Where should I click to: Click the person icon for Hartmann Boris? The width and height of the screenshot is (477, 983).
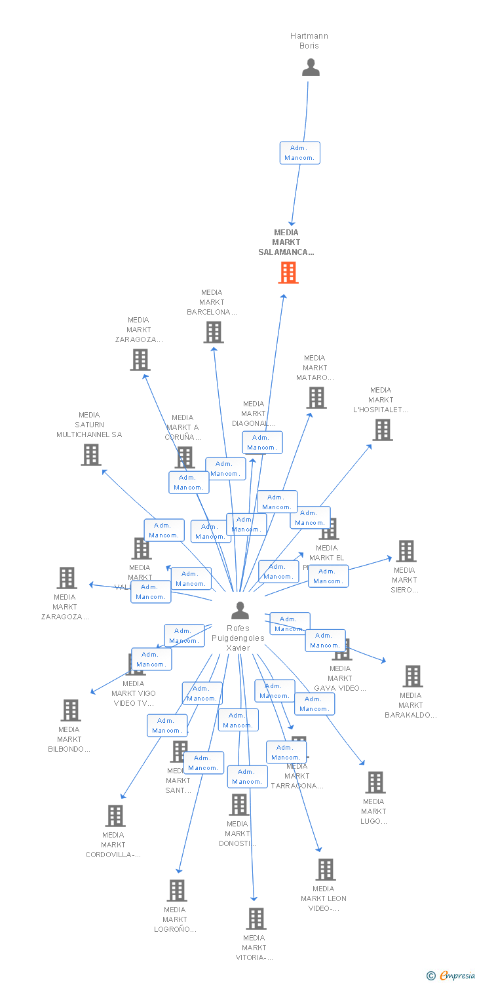pyautogui.click(x=311, y=67)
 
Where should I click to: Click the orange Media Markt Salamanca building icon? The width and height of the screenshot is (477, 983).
pyautogui.click(x=288, y=273)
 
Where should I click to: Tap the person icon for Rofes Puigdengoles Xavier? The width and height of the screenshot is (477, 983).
pyautogui.click(x=240, y=611)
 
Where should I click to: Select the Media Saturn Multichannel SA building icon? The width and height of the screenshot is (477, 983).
pyautogui.click(x=91, y=454)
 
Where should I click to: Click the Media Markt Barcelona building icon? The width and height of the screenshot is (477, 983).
pyautogui.click(x=213, y=332)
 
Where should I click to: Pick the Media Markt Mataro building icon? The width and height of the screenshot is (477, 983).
pyautogui.click(x=316, y=397)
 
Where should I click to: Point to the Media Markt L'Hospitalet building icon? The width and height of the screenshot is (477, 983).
pyautogui.click(x=382, y=430)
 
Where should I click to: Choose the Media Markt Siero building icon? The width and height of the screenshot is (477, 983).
pyautogui.click(x=406, y=551)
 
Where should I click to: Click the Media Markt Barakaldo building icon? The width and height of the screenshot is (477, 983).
pyautogui.click(x=412, y=676)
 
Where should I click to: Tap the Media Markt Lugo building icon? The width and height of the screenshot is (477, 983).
pyautogui.click(x=375, y=782)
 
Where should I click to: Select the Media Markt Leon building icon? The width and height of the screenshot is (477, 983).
pyautogui.click(x=325, y=869)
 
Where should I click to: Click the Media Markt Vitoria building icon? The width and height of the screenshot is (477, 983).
pyautogui.click(x=256, y=919)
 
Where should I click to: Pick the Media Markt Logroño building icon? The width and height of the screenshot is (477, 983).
pyautogui.click(x=177, y=890)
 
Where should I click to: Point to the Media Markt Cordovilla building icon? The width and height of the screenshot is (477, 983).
pyautogui.click(x=115, y=816)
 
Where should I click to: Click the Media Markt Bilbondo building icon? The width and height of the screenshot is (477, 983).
pyautogui.click(x=70, y=710)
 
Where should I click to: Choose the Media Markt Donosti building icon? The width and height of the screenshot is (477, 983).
pyautogui.click(x=239, y=804)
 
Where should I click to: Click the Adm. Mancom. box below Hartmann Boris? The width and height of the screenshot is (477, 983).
pyautogui.click(x=299, y=153)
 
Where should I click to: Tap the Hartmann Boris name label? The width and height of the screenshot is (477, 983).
pyautogui.click(x=309, y=41)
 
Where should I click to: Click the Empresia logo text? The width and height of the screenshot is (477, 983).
pyautogui.click(x=457, y=976)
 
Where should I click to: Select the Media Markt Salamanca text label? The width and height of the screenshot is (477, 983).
pyautogui.click(x=286, y=242)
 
